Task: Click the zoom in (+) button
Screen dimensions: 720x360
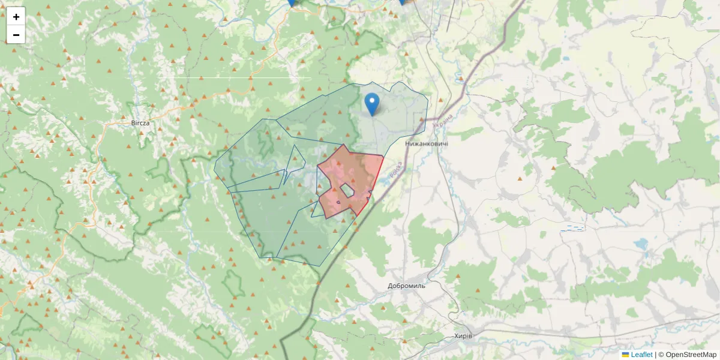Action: point(16,17)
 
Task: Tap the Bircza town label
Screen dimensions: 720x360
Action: point(140,122)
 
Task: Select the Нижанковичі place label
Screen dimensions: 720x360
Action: point(427,144)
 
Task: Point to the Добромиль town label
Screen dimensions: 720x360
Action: point(407,286)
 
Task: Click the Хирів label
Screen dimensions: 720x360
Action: point(463,335)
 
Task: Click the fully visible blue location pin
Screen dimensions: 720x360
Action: point(373,104)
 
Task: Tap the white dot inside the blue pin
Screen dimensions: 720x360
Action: point(373,100)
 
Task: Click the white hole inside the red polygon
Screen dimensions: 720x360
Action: point(347,191)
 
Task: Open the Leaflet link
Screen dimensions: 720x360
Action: point(641,355)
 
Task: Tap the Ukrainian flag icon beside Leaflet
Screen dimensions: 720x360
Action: point(625,355)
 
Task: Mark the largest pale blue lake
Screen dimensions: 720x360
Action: point(641,244)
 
